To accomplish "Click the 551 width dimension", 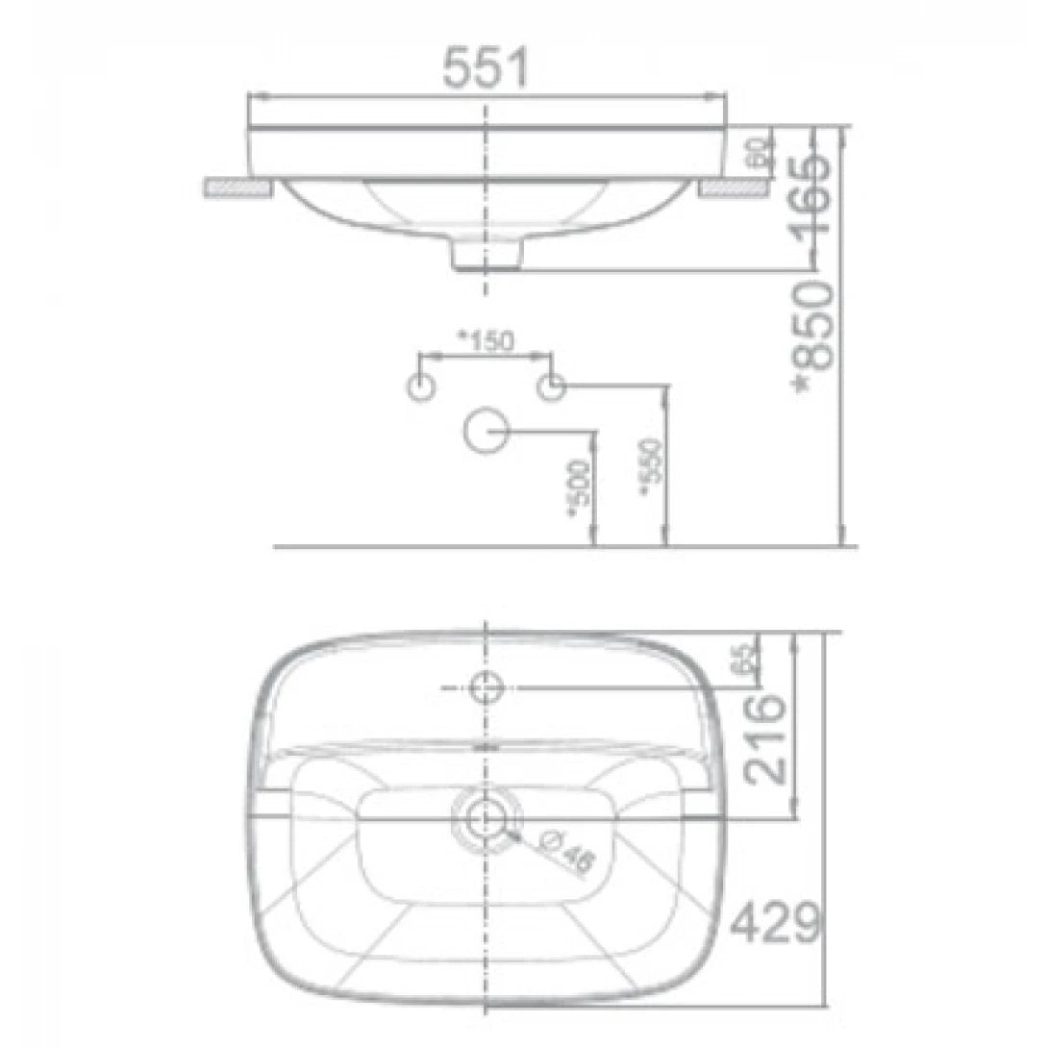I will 486,69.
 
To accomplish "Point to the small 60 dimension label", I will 759,151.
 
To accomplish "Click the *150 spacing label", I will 486,340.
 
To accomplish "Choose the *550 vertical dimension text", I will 651,467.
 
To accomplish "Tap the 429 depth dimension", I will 776,925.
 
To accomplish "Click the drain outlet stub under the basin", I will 487,254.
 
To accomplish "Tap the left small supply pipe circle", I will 422,387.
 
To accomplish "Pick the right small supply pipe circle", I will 551,387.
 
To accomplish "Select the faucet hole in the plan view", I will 487,686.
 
